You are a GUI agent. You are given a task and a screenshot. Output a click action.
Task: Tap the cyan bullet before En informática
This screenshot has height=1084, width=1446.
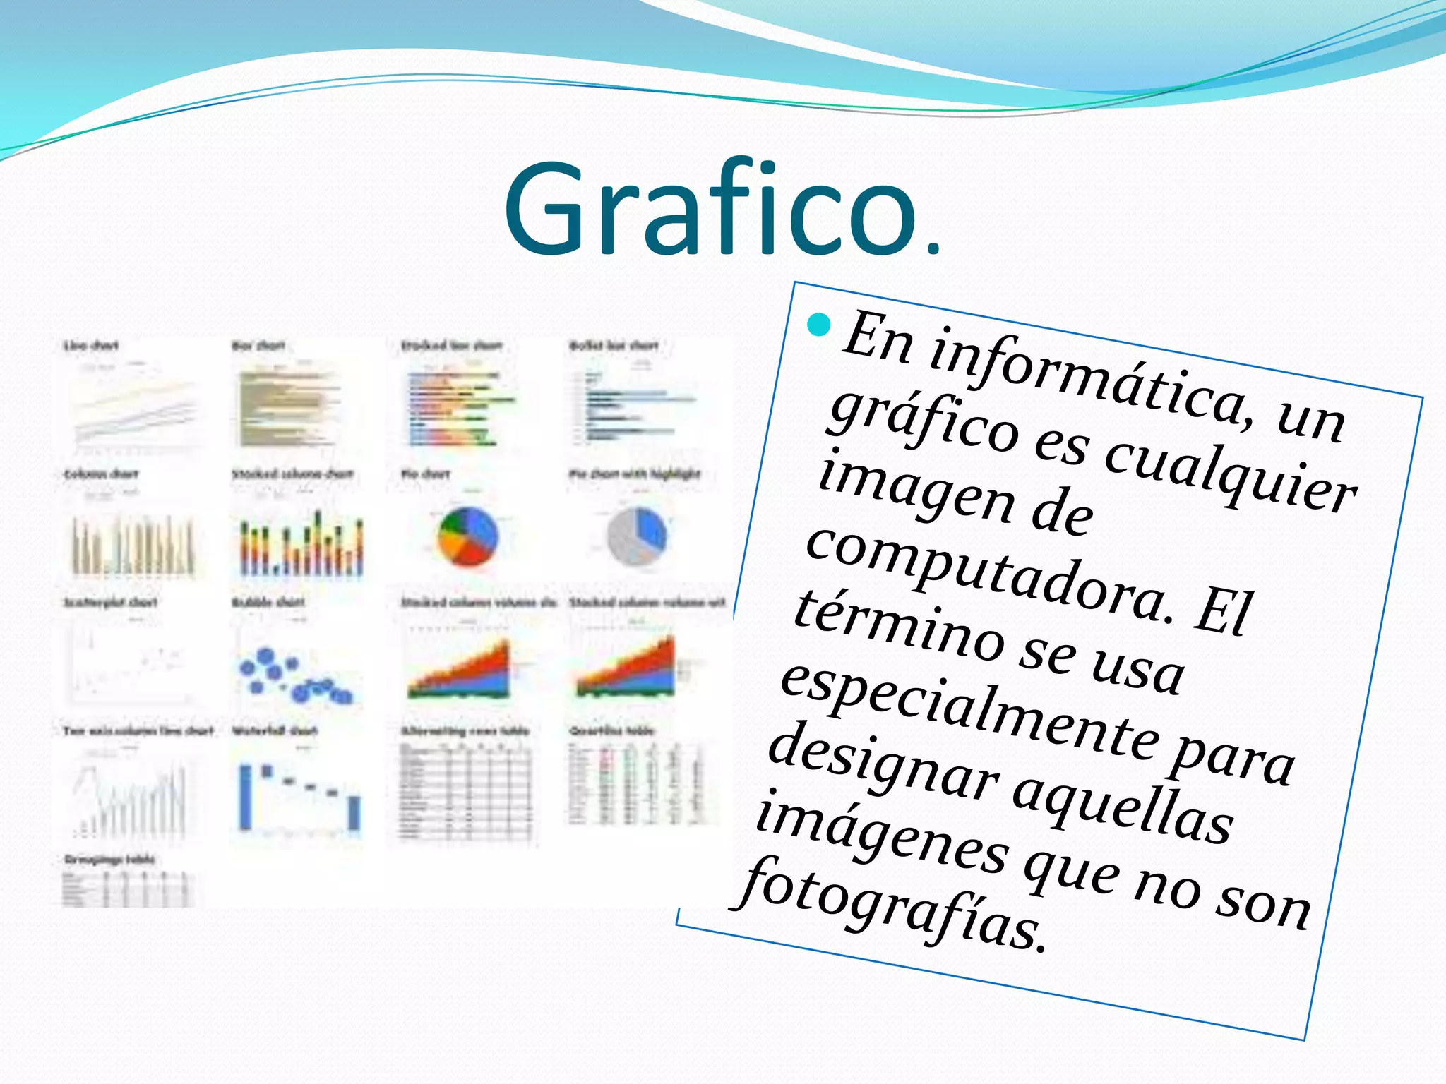click(x=819, y=325)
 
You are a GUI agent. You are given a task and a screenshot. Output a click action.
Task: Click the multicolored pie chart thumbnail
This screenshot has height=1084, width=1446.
click(x=468, y=536)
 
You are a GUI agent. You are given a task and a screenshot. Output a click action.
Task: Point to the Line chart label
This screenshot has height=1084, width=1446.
click(x=91, y=345)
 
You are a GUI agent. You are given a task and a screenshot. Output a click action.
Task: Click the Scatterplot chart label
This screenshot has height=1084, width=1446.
click(x=110, y=602)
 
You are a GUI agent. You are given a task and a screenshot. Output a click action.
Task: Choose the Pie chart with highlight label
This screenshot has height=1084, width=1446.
click(x=635, y=474)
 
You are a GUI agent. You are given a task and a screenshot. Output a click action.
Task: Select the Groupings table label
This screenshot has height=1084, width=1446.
click(x=109, y=859)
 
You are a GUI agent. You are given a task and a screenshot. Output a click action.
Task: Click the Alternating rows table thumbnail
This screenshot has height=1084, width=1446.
click(x=465, y=790)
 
